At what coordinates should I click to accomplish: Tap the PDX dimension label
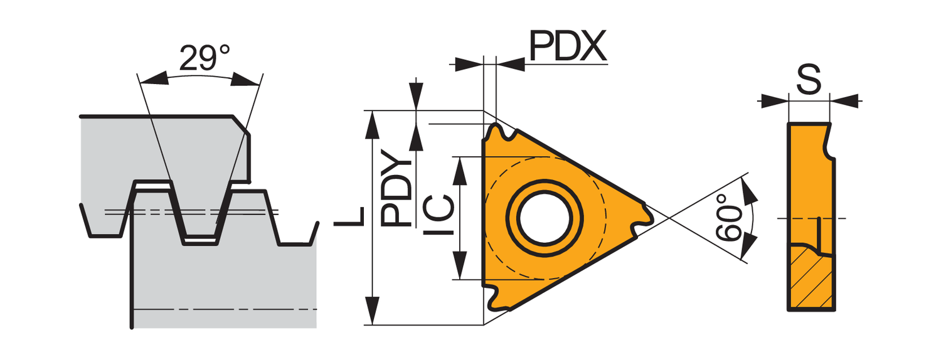tap(566, 46)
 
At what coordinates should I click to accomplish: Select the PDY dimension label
tap(397, 189)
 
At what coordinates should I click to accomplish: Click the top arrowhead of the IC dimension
tap(460, 167)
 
